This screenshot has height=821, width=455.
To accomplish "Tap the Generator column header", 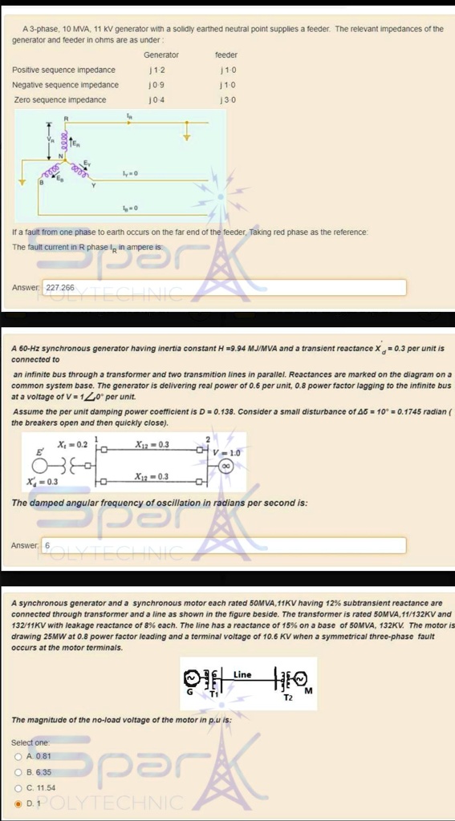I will coord(160,55).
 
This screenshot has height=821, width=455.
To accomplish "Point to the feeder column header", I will coord(226,55).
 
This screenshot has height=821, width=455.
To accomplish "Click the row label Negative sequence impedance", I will coord(66,85).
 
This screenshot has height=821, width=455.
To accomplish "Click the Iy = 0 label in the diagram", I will coord(130,174).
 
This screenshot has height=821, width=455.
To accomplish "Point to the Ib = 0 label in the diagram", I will coord(130,208).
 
